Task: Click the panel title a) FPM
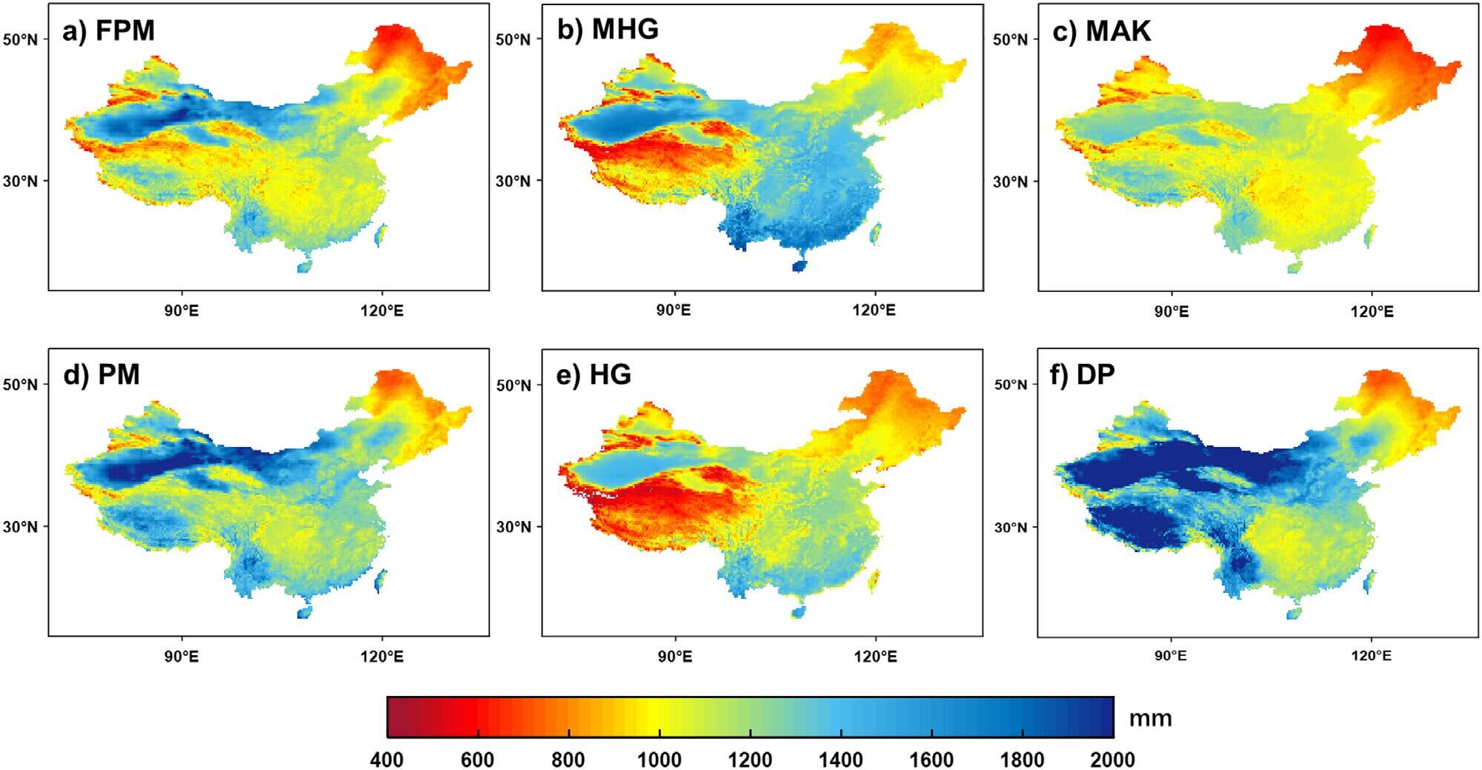108,31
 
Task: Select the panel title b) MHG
608,30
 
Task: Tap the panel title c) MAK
1102,31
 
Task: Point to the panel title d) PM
102,375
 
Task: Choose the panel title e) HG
594,375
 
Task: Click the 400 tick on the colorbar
387,760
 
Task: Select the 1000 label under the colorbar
659,760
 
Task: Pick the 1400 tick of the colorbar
841,760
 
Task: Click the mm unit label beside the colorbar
1150,718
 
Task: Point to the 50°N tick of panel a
21,39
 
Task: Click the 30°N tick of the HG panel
514,527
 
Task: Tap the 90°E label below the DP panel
1171,656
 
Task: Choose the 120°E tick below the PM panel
382,656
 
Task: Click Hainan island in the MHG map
798,266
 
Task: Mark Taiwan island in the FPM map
382,235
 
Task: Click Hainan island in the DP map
1294,614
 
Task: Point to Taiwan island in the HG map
875,580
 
